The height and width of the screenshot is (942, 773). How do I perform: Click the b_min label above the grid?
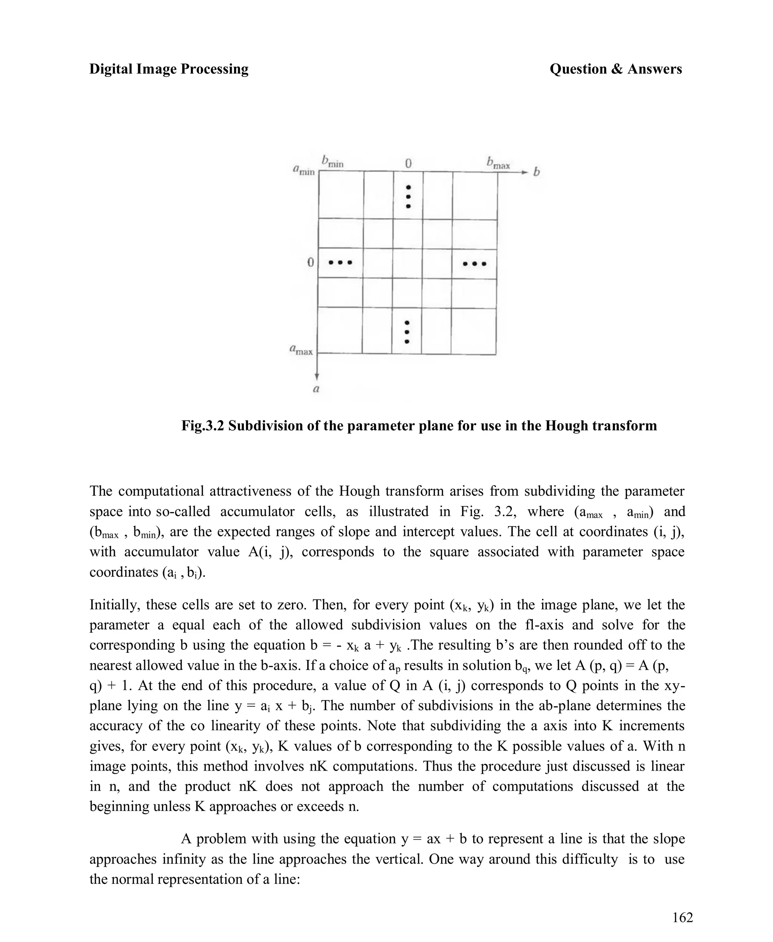[x=332, y=161]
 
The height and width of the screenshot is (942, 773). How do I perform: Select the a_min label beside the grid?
[x=304, y=170]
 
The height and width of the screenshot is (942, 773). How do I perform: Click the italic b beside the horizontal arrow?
[x=537, y=171]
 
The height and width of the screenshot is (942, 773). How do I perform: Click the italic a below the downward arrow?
[x=316, y=389]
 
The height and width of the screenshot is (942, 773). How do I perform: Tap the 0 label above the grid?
[x=408, y=163]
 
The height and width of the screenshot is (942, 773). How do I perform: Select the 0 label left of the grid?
[x=311, y=262]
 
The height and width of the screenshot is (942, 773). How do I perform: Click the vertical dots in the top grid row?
[x=408, y=196]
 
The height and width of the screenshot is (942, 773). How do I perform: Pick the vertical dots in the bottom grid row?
[x=407, y=332]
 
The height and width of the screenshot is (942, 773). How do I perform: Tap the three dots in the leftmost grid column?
[x=340, y=262]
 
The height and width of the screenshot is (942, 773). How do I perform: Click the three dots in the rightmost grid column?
[x=474, y=264]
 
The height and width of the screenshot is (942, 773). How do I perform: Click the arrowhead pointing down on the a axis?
[x=317, y=376]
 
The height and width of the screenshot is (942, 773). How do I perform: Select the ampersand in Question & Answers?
[x=617, y=69]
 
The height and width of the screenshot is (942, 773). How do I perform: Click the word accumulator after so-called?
[x=257, y=511]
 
